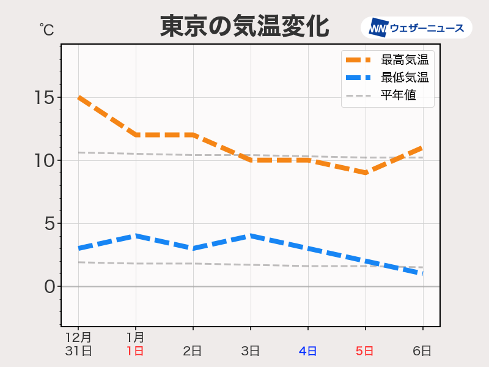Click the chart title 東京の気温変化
[x=244, y=26]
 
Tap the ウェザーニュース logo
[x=416, y=28]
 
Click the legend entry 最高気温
[x=404, y=60]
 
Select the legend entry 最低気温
[x=404, y=78]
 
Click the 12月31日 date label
[x=78, y=344]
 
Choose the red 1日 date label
[x=135, y=351]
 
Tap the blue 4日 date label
[x=307, y=351]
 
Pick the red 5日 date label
[x=365, y=351]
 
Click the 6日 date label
[x=422, y=351]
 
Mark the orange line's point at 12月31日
[x=79, y=97]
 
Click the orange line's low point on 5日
[x=366, y=173]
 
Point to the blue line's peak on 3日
[x=251, y=235]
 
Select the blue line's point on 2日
[x=193, y=248]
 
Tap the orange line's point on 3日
[x=251, y=160]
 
